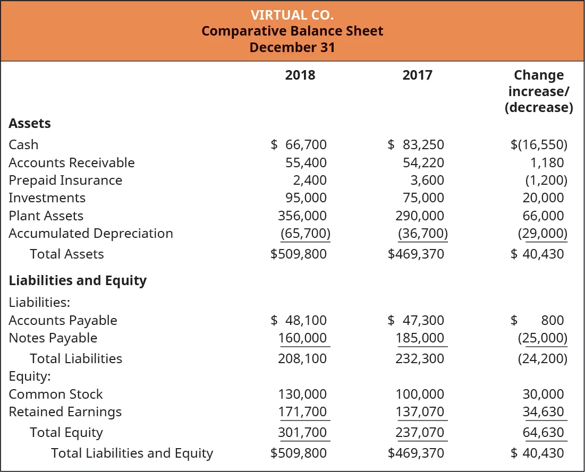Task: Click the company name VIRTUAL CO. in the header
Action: tap(292, 14)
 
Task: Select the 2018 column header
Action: tap(300, 75)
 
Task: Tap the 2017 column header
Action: tap(417, 75)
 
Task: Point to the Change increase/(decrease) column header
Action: tap(538, 91)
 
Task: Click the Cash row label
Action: tap(23, 145)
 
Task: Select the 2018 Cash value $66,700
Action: tap(299, 145)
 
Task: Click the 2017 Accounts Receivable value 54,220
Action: tap(423, 162)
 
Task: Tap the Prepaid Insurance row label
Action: tap(65, 181)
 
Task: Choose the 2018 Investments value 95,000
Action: tap(306, 198)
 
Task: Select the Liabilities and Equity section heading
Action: tap(78, 281)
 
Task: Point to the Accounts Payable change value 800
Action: tap(552, 320)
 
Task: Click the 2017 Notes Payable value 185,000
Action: tap(420, 338)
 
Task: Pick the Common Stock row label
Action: tap(56, 394)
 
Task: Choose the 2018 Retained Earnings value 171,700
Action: tap(302, 412)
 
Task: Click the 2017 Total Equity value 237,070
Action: tap(420, 433)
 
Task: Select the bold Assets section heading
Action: tap(30, 124)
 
